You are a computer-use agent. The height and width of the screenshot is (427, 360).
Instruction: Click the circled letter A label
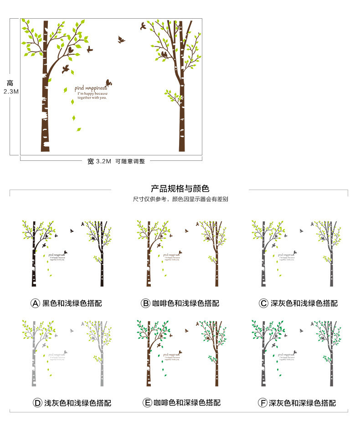coord(36,303)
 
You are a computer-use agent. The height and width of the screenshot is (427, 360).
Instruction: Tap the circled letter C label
coord(263,303)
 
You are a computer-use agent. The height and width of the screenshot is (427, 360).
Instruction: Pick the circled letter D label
coord(37,403)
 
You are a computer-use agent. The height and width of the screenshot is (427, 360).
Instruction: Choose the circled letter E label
coord(147,403)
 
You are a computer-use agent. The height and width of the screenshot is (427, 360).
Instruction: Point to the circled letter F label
coord(262,403)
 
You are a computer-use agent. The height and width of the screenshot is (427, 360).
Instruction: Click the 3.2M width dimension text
coord(103,161)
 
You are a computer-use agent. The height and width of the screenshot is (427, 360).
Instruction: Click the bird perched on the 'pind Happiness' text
coord(109,82)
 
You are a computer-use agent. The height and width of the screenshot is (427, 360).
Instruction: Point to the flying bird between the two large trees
coord(121,40)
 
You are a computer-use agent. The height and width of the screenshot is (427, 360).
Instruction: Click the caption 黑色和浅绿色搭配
coord(72,303)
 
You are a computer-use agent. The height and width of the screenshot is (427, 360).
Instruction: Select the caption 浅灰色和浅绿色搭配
coord(77,403)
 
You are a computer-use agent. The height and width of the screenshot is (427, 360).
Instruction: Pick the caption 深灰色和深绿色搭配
coord(303,403)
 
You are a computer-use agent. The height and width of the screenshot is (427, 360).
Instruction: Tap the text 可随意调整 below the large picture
coord(130,161)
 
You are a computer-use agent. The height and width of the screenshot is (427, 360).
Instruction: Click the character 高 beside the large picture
coord(10,83)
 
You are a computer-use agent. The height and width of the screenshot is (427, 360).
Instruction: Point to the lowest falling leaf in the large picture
coord(78,129)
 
